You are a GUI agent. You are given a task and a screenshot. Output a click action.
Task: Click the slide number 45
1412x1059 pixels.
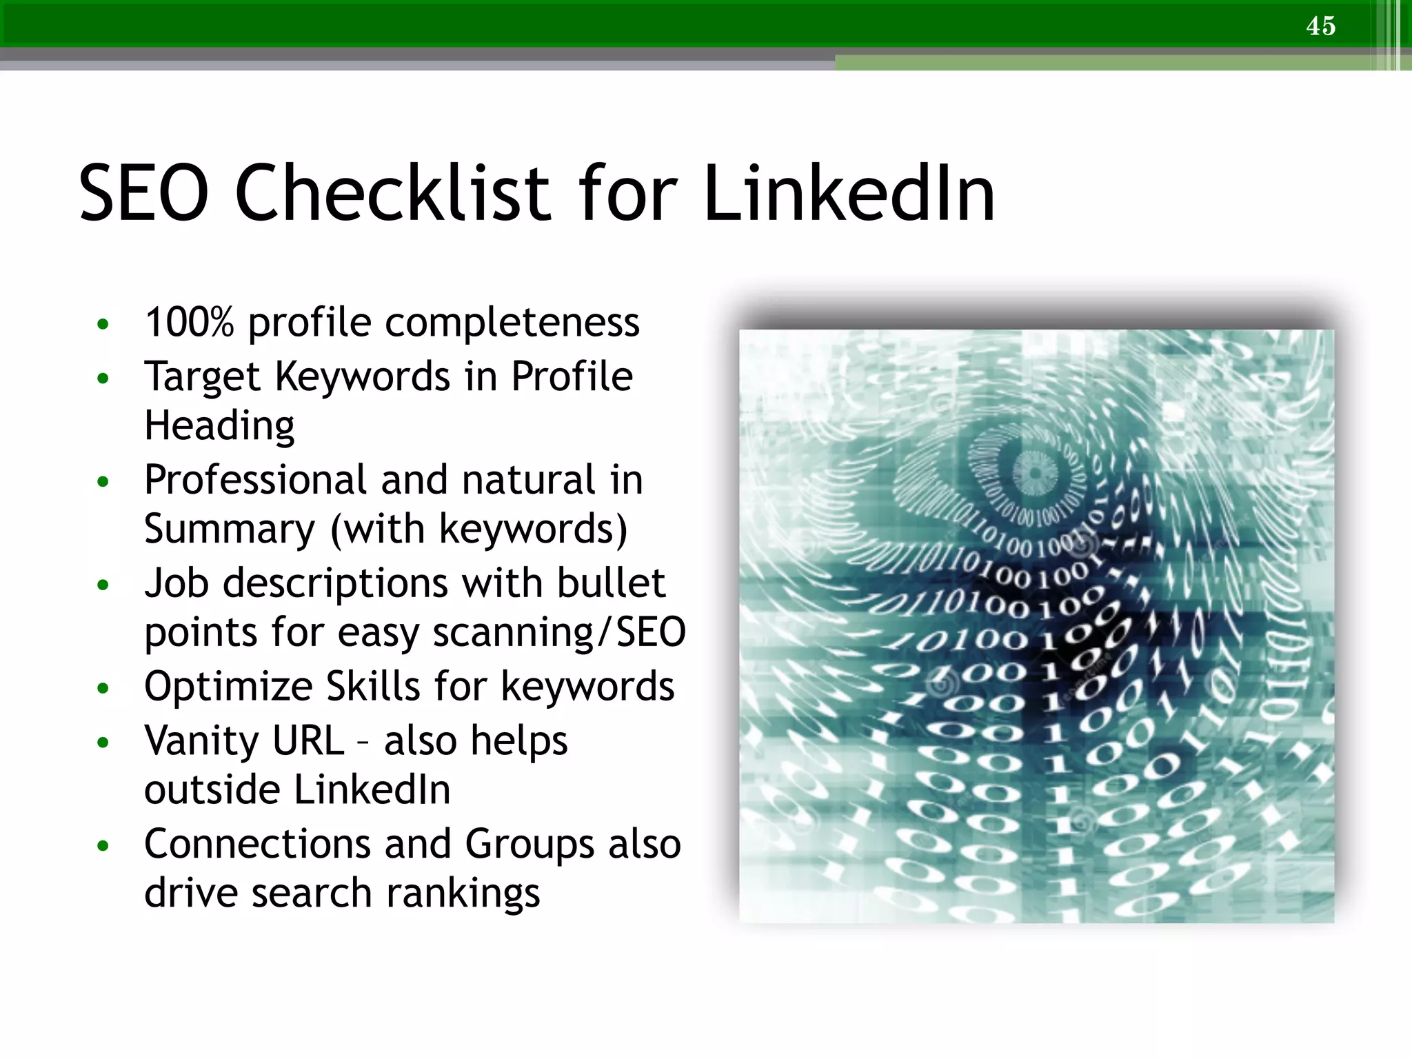1320,26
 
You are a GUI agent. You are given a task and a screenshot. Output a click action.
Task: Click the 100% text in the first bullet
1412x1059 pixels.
190,322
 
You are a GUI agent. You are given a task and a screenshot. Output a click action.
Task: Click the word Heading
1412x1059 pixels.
219,425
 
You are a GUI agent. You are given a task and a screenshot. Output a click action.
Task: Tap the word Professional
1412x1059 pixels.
256,480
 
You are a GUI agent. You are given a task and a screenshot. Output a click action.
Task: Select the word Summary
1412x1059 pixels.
229,529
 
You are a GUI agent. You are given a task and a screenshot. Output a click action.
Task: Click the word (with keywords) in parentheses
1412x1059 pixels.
479,529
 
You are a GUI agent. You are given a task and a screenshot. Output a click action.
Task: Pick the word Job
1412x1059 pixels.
176,583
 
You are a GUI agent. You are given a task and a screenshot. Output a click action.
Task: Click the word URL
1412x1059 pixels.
308,741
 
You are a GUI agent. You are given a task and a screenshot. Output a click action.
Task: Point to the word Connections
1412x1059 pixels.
258,844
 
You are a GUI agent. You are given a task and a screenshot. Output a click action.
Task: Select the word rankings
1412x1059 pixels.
463,894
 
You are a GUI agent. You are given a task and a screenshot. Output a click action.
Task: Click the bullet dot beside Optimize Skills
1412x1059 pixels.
103,688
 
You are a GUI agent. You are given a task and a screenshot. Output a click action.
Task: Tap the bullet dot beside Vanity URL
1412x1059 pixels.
103,743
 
